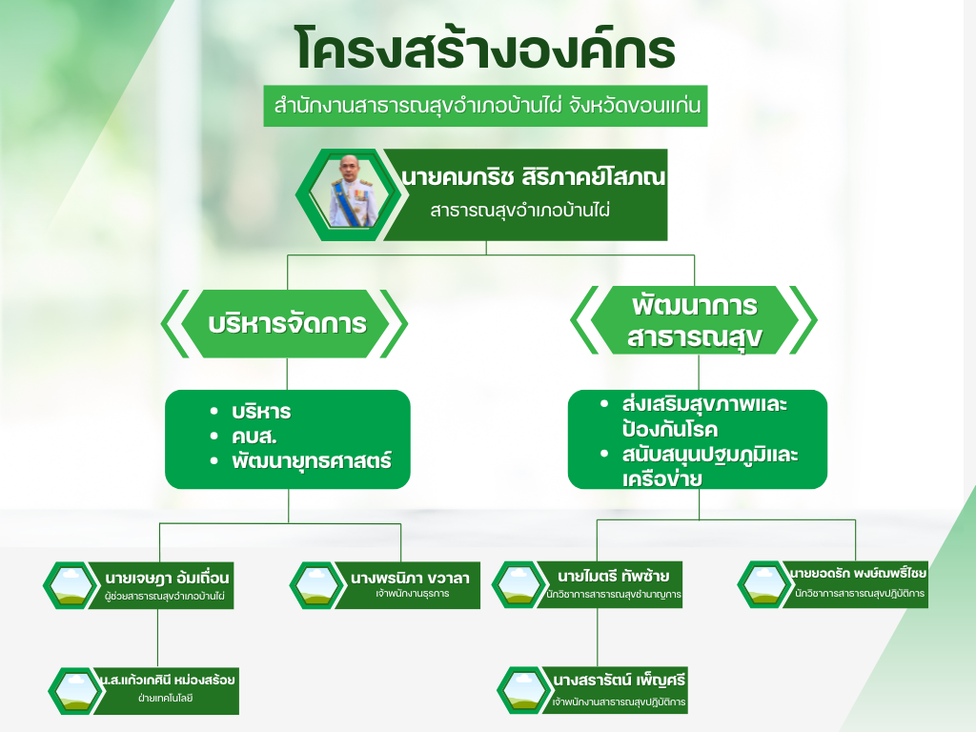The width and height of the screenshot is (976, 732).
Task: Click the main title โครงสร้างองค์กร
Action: (x=485, y=50)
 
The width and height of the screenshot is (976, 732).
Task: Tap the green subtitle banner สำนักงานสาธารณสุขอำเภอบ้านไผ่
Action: (x=485, y=106)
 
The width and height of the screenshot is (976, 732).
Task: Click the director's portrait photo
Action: (x=353, y=192)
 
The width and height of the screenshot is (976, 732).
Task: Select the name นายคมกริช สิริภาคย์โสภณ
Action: (x=534, y=177)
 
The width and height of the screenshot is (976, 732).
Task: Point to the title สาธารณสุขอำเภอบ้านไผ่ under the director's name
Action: (x=519, y=211)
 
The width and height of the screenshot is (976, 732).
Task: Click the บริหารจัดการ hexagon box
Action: (x=287, y=324)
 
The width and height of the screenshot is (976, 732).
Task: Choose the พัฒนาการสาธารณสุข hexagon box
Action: (x=694, y=320)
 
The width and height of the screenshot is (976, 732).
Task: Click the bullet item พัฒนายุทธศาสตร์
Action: (x=312, y=461)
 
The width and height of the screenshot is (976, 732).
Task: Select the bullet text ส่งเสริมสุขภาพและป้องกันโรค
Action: (x=704, y=417)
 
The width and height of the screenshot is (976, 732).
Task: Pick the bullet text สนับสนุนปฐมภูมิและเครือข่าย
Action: (x=709, y=466)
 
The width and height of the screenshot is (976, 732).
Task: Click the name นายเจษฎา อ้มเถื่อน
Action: (x=167, y=578)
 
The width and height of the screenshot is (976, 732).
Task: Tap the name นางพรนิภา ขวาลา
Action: (x=410, y=578)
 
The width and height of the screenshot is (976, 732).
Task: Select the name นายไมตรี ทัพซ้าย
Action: (x=613, y=576)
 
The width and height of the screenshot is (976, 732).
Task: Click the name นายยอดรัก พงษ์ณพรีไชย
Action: (x=857, y=573)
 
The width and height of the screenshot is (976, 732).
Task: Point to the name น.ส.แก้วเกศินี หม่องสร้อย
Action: (x=168, y=679)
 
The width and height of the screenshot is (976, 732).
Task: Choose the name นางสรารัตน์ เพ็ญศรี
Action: (x=619, y=680)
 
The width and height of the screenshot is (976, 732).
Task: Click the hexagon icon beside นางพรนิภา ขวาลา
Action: (x=316, y=585)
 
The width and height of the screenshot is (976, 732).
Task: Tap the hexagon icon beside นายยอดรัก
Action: (x=764, y=584)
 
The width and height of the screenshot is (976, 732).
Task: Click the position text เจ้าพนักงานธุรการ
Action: (x=412, y=593)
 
